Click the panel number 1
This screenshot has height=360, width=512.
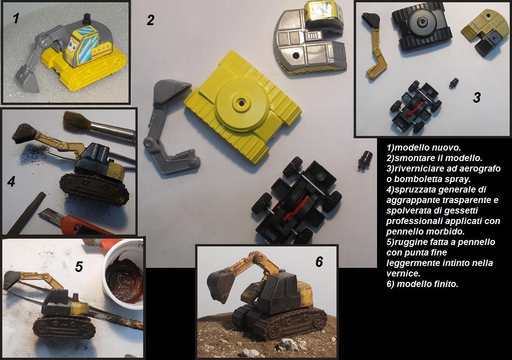(x=16, y=18)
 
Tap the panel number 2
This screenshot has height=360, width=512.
(x=150, y=20)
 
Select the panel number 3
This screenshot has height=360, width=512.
(x=477, y=97)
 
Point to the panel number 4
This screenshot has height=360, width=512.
(x=11, y=181)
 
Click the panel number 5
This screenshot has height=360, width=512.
(x=79, y=266)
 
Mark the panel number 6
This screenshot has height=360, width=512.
(x=319, y=261)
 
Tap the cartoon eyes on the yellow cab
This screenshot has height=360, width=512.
(x=72, y=46)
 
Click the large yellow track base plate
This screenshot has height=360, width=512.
(x=242, y=107)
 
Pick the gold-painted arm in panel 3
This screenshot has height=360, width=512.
(x=374, y=46)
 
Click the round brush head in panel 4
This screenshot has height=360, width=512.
(x=76, y=121)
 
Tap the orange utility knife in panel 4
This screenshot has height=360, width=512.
(x=73, y=222)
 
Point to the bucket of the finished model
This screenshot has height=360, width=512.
(x=222, y=285)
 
